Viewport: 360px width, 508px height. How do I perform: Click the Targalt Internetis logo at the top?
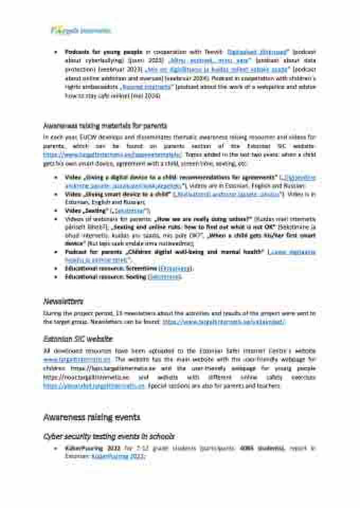[x=80, y=30]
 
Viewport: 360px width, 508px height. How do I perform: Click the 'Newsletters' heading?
[x=63, y=301]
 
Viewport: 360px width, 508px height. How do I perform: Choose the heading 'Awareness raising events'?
[x=92, y=418]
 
